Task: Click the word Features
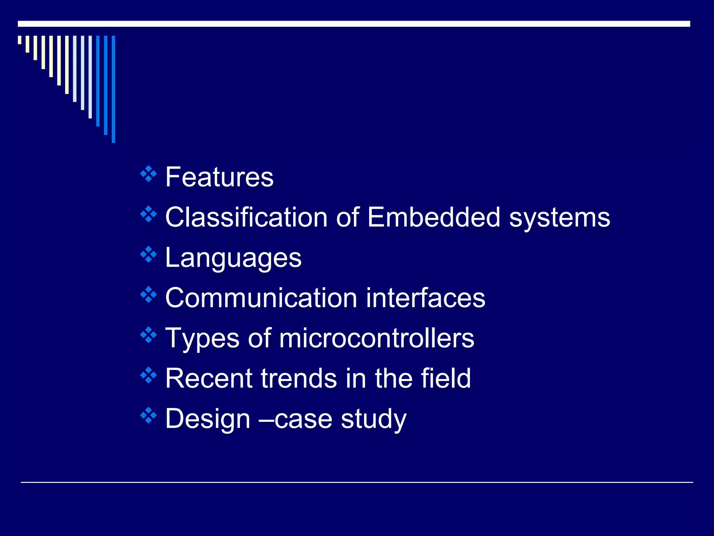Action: [219, 177]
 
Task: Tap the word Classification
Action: [246, 217]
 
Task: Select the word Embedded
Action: [434, 217]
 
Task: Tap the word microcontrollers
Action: [377, 338]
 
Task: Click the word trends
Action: [299, 378]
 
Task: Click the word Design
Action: [208, 419]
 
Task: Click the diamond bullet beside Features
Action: [149, 174]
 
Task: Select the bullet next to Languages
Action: [149, 254]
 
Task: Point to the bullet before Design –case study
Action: [149, 415]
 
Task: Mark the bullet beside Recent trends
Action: [149, 375]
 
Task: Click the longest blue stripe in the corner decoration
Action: [113, 89]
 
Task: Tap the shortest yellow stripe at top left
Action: [20, 40]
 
